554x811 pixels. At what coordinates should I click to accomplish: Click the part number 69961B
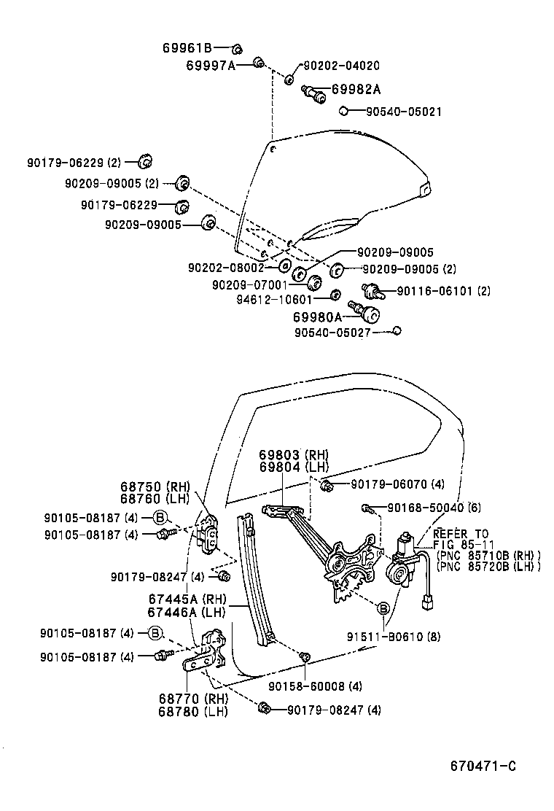coord(187,49)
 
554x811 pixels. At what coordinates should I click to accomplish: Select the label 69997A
coord(211,65)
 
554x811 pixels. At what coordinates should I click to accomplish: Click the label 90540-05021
coord(403,112)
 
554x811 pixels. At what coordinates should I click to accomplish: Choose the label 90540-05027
coord(332,332)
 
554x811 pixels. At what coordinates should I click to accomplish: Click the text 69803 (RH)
coord(294,455)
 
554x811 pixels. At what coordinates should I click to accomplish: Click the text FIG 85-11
coord(461,544)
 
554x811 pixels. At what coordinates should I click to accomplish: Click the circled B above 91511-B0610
coord(382,607)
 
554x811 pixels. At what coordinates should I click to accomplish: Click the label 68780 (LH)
coord(193,711)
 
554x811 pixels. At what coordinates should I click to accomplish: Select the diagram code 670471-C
coord(483,766)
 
